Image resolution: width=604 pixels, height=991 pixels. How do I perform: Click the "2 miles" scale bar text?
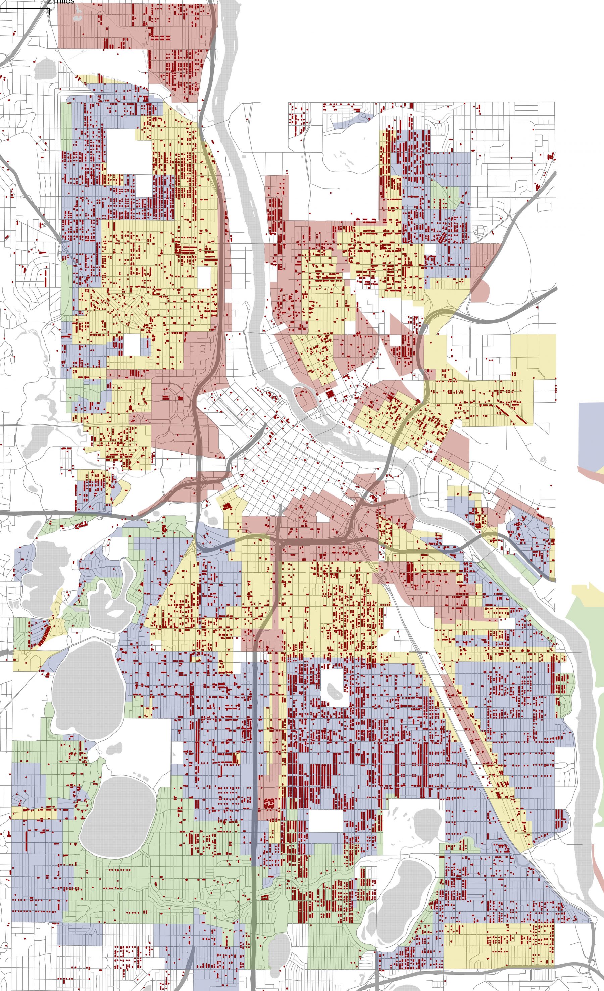pos(61,2)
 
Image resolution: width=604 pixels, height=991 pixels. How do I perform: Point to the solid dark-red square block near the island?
pos(330,394)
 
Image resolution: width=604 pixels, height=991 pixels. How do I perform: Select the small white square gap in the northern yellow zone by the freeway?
pos(204,278)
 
